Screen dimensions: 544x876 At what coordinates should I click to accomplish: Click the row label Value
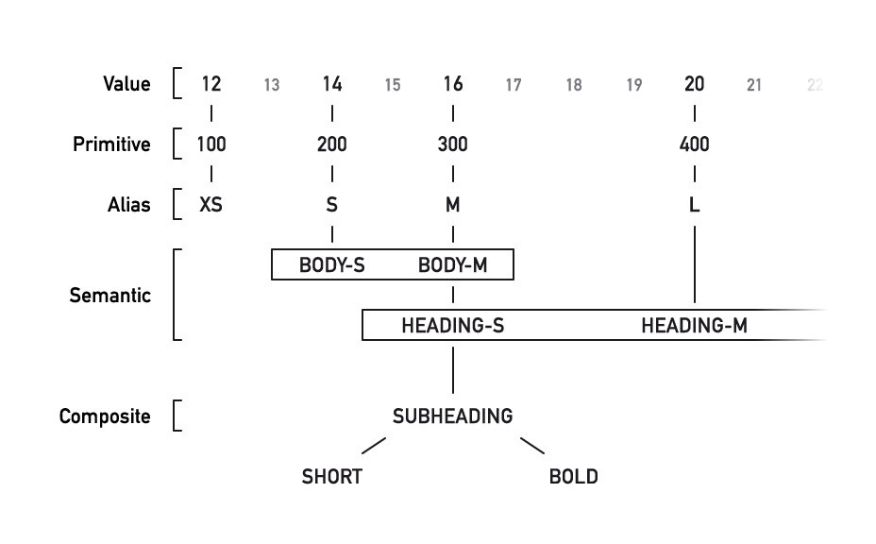click(x=126, y=84)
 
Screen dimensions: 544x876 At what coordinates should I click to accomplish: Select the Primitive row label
click(x=111, y=144)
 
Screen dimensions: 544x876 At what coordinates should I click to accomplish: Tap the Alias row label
click(x=128, y=205)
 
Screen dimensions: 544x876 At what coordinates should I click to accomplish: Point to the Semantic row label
click(x=109, y=296)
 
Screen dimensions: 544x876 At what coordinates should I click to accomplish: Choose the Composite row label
click(x=104, y=416)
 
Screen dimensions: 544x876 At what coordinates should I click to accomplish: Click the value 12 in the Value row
click(x=211, y=84)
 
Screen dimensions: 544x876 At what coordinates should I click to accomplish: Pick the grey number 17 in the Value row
click(x=514, y=86)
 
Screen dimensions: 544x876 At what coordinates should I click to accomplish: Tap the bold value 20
click(x=694, y=84)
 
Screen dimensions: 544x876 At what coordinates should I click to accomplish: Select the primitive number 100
click(x=211, y=144)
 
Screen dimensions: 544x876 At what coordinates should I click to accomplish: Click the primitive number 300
click(x=453, y=144)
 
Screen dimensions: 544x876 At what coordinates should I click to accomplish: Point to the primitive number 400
click(x=694, y=144)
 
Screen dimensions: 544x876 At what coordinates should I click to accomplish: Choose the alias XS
click(x=211, y=205)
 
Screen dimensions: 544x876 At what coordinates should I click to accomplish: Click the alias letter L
click(x=694, y=205)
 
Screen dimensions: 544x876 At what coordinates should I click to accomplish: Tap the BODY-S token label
click(x=331, y=265)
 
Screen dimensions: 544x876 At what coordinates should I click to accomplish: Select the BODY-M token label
click(x=453, y=265)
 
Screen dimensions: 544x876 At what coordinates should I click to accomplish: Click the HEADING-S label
click(x=453, y=326)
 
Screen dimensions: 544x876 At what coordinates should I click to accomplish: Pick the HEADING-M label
click(x=694, y=326)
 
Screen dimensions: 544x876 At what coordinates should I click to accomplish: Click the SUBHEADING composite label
click(x=453, y=416)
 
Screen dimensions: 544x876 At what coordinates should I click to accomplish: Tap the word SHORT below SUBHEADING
click(x=331, y=477)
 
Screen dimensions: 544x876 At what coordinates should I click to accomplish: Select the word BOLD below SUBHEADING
click(x=573, y=477)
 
